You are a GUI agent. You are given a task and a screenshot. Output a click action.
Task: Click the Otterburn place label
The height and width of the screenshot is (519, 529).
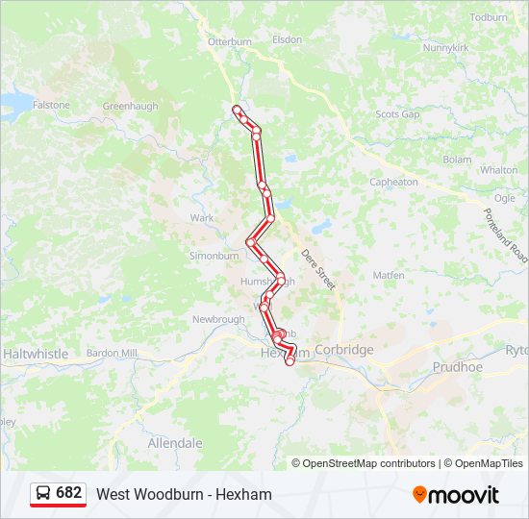(229, 41)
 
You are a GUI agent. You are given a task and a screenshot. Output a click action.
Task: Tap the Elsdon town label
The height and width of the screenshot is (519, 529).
(287, 39)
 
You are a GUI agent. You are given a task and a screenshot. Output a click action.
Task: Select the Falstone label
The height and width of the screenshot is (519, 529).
(51, 105)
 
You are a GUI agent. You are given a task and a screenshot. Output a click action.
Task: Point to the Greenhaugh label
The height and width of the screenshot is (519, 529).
(130, 107)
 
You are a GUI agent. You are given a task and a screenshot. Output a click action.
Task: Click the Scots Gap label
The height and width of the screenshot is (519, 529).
(397, 113)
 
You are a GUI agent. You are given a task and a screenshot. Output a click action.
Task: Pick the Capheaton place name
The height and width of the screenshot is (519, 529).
(393, 182)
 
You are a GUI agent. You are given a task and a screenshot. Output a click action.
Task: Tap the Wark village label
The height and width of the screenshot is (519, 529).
(202, 218)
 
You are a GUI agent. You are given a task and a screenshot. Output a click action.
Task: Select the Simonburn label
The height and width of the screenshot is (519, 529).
(214, 257)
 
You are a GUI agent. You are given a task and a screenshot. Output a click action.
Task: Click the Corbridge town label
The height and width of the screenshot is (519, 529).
(343, 350)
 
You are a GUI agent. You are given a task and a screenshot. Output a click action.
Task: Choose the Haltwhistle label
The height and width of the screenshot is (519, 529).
(36, 354)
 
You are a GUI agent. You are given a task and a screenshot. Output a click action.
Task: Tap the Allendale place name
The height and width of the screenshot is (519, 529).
(175, 443)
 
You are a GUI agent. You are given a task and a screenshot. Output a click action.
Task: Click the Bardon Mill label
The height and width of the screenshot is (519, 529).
(112, 353)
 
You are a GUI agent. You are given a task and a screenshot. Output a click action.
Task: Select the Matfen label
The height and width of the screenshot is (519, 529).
(389, 275)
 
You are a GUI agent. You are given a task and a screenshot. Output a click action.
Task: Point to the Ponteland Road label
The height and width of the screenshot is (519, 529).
(506, 236)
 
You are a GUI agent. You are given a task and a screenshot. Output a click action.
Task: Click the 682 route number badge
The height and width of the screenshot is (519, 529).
(58, 493)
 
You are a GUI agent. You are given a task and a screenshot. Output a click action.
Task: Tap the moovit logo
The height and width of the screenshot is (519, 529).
(456, 495)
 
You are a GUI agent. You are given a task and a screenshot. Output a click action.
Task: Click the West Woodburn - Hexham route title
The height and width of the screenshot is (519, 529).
(184, 494)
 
